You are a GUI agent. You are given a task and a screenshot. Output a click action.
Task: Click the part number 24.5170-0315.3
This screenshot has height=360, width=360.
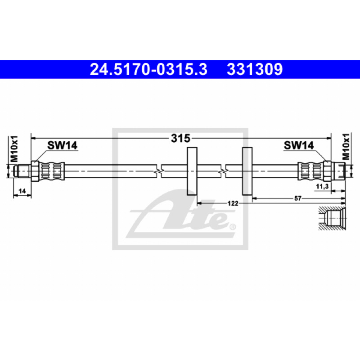pos(148,70)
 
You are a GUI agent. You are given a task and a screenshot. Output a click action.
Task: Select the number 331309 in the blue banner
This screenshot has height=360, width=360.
pos(255,70)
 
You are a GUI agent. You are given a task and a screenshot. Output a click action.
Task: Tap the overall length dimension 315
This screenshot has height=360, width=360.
pos(181,139)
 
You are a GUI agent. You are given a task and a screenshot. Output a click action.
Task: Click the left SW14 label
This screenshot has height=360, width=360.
pos(63,145)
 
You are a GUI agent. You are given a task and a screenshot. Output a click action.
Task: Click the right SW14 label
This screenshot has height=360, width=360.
pos(299,145)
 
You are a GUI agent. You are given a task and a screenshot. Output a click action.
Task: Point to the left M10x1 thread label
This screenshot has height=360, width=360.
pos(14,149)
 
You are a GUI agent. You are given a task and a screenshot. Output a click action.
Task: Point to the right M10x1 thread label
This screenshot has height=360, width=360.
pos(346,147)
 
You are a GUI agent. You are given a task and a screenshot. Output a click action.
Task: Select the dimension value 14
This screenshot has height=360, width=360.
pos(22,191)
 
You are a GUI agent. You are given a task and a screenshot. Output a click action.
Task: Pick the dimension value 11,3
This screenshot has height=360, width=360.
pos(322,187)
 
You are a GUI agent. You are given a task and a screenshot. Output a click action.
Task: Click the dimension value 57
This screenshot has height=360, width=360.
pos(298,198)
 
